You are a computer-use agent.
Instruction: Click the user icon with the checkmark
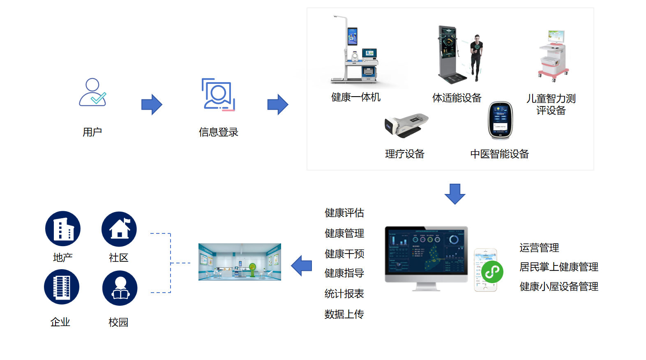tap(92, 92)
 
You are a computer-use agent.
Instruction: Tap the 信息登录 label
tap(218, 132)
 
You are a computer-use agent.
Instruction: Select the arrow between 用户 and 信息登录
tap(152, 104)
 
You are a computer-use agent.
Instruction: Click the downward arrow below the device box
tap(455, 194)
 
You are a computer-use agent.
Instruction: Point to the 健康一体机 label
tap(356, 97)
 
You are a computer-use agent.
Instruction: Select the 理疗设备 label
tap(404, 154)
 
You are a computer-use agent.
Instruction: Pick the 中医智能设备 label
tap(499, 154)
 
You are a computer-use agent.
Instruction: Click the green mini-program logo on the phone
tap(492, 272)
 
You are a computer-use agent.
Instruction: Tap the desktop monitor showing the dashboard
tap(426, 254)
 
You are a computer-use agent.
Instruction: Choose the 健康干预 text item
tap(344, 254)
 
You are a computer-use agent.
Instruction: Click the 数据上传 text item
tap(344, 314)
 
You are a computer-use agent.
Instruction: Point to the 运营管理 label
tap(539, 248)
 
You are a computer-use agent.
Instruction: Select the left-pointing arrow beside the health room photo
tap(302, 266)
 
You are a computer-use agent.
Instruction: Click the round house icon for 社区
tap(119, 229)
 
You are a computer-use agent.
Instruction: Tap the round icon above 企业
tap(62, 287)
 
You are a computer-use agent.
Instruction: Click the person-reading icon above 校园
tap(120, 288)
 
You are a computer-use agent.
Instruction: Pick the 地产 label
tap(63, 258)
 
